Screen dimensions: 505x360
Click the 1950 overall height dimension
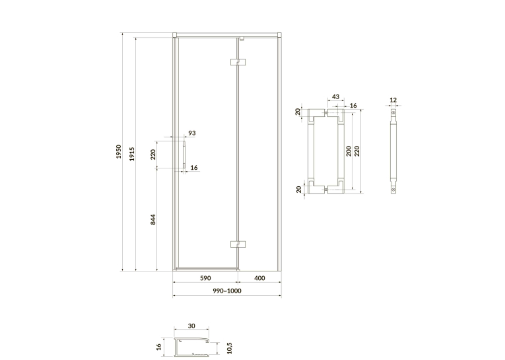coord(119,151)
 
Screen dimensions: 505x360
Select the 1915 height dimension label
coord(132,154)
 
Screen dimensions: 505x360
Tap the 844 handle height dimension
coord(153,219)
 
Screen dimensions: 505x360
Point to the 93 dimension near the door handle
coord(192,133)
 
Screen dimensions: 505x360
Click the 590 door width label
coord(205,278)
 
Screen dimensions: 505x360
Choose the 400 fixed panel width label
coord(259,278)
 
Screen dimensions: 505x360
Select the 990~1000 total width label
coord(227,291)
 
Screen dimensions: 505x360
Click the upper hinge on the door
coord(238,61)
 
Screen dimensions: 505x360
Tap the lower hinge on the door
coord(238,244)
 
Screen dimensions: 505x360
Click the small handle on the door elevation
coord(184,154)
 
